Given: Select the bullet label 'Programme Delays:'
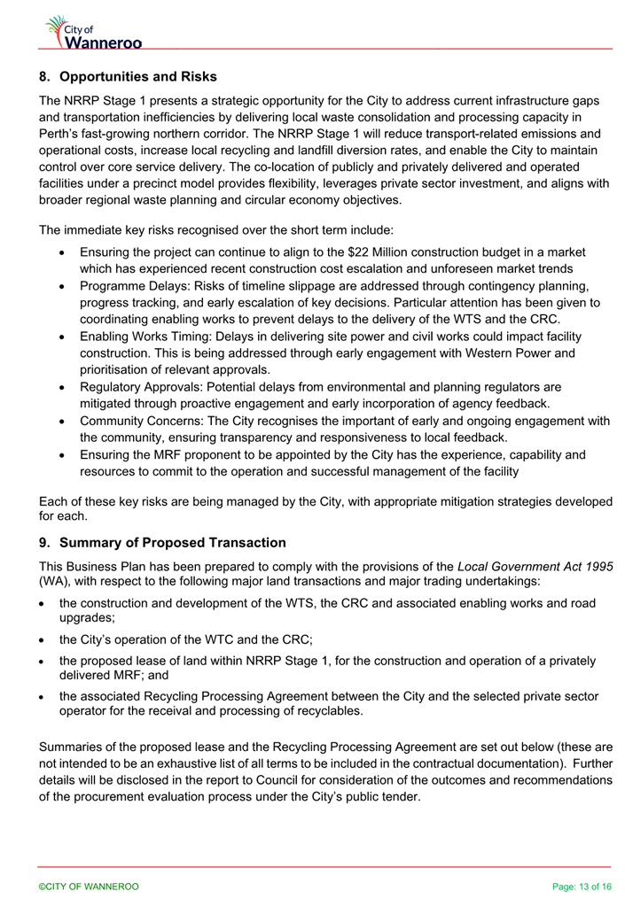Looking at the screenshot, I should tap(135, 286).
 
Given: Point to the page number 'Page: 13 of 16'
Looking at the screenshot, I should tap(581, 887).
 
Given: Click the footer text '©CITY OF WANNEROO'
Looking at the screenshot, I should tap(88, 887).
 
